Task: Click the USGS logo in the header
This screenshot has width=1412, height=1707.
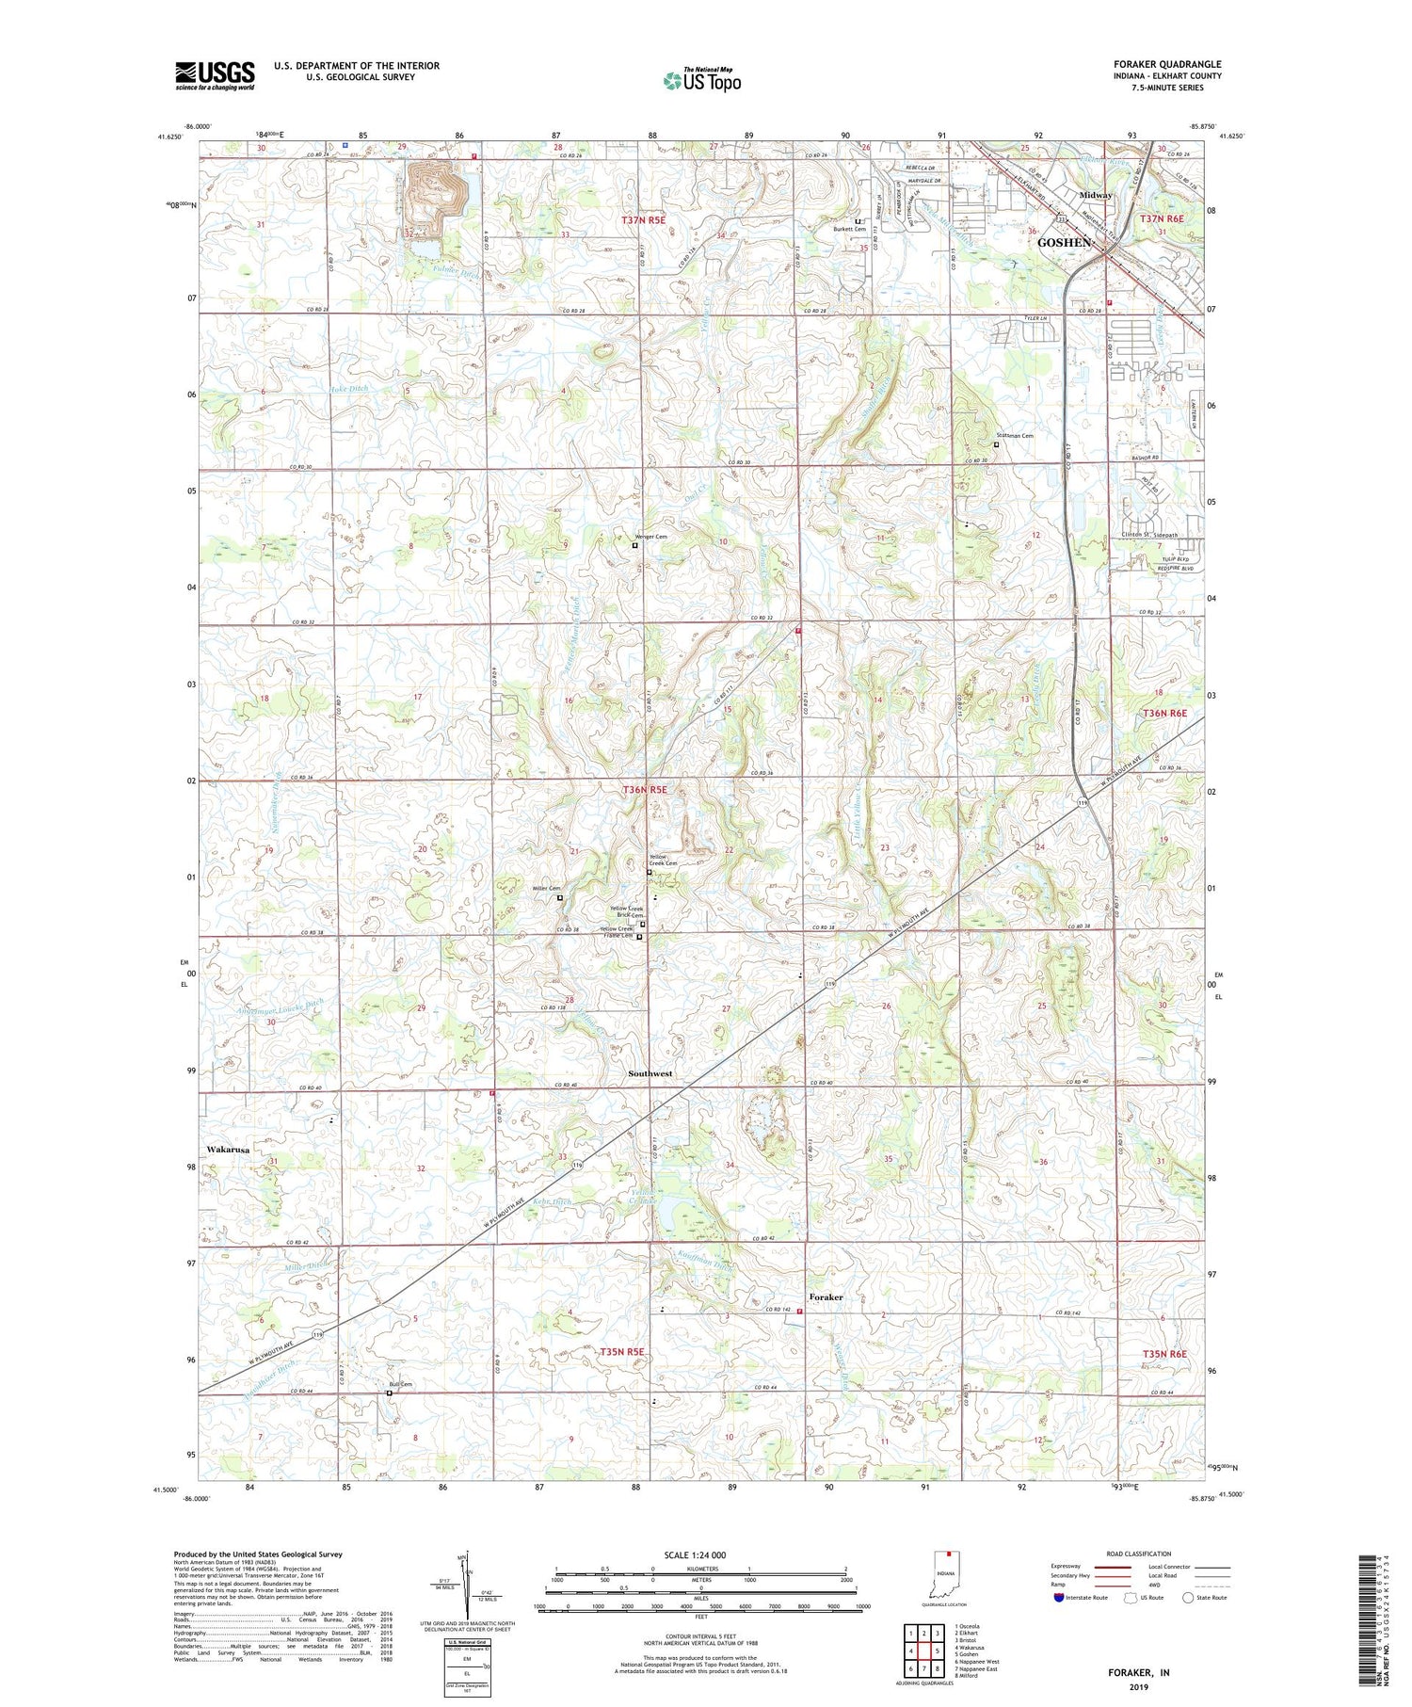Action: point(215,75)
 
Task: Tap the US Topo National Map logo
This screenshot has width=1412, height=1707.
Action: point(702,81)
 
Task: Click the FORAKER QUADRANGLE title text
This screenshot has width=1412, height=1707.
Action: point(1167,64)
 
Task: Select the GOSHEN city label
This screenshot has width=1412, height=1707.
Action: point(1065,243)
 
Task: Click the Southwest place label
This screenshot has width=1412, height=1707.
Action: point(650,1073)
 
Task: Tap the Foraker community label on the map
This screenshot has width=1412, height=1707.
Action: point(826,1297)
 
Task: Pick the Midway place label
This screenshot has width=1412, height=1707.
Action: point(1096,195)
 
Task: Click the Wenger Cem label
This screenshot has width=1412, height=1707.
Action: point(649,537)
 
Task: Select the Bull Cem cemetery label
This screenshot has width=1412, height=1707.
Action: point(400,1385)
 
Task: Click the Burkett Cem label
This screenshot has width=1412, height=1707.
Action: point(848,230)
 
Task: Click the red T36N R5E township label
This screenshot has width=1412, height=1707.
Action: point(644,790)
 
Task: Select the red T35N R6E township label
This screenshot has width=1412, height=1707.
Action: point(1164,1354)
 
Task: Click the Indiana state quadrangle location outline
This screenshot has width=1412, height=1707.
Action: point(944,1580)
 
